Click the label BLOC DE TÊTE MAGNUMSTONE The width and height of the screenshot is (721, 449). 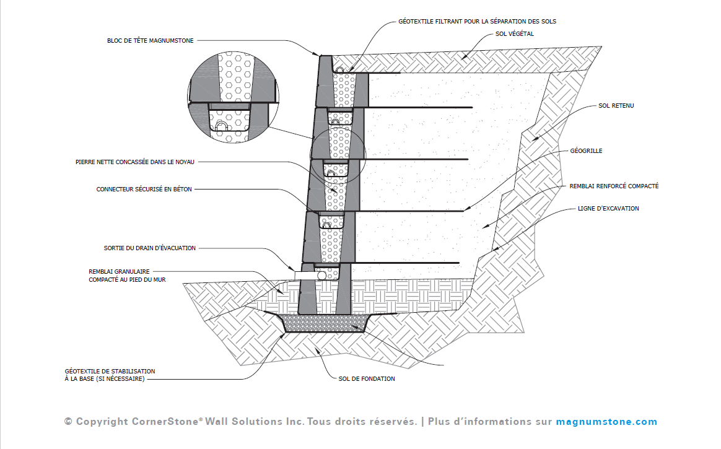(x=151, y=41)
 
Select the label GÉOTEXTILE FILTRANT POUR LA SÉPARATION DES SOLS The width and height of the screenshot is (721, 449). (x=478, y=22)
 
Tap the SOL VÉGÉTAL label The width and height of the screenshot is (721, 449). (x=515, y=34)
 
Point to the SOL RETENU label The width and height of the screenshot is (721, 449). (x=616, y=106)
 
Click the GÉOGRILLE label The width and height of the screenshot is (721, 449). (x=586, y=150)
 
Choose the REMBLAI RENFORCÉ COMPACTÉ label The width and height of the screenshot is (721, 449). (x=614, y=186)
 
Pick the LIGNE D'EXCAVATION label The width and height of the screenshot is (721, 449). (x=608, y=209)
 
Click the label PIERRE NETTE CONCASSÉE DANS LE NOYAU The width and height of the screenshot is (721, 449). (x=135, y=162)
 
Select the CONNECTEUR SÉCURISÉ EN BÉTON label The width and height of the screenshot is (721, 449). (x=144, y=190)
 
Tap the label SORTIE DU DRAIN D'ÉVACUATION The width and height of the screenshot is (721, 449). (x=149, y=248)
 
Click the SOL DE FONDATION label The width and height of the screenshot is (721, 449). (x=367, y=379)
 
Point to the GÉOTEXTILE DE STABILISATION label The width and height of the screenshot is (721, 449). (x=110, y=372)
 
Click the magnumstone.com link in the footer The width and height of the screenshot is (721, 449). (x=606, y=422)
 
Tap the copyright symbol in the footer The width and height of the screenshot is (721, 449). (x=69, y=422)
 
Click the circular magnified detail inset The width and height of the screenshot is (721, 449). (x=234, y=97)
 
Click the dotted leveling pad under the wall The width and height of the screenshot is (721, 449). (x=326, y=323)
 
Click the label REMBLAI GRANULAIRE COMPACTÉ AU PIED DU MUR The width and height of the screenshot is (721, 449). (x=127, y=276)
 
